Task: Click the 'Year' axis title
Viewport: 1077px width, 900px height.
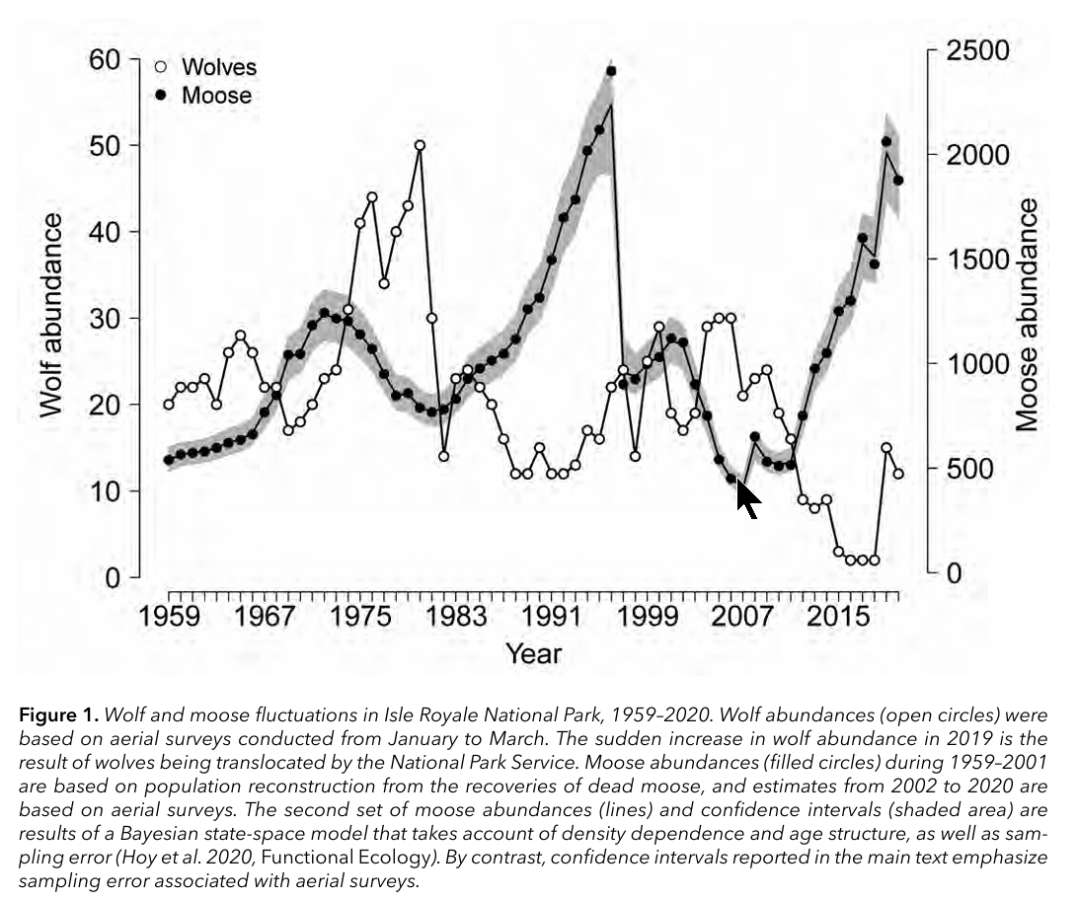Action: tap(533, 653)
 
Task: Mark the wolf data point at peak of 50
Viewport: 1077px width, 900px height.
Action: tap(420, 145)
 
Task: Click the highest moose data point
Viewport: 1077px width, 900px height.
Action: tap(611, 71)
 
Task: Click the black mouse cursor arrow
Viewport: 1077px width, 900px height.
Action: tap(748, 496)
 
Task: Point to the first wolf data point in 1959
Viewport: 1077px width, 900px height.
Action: tap(169, 405)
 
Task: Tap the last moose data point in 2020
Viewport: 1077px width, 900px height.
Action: tap(898, 181)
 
